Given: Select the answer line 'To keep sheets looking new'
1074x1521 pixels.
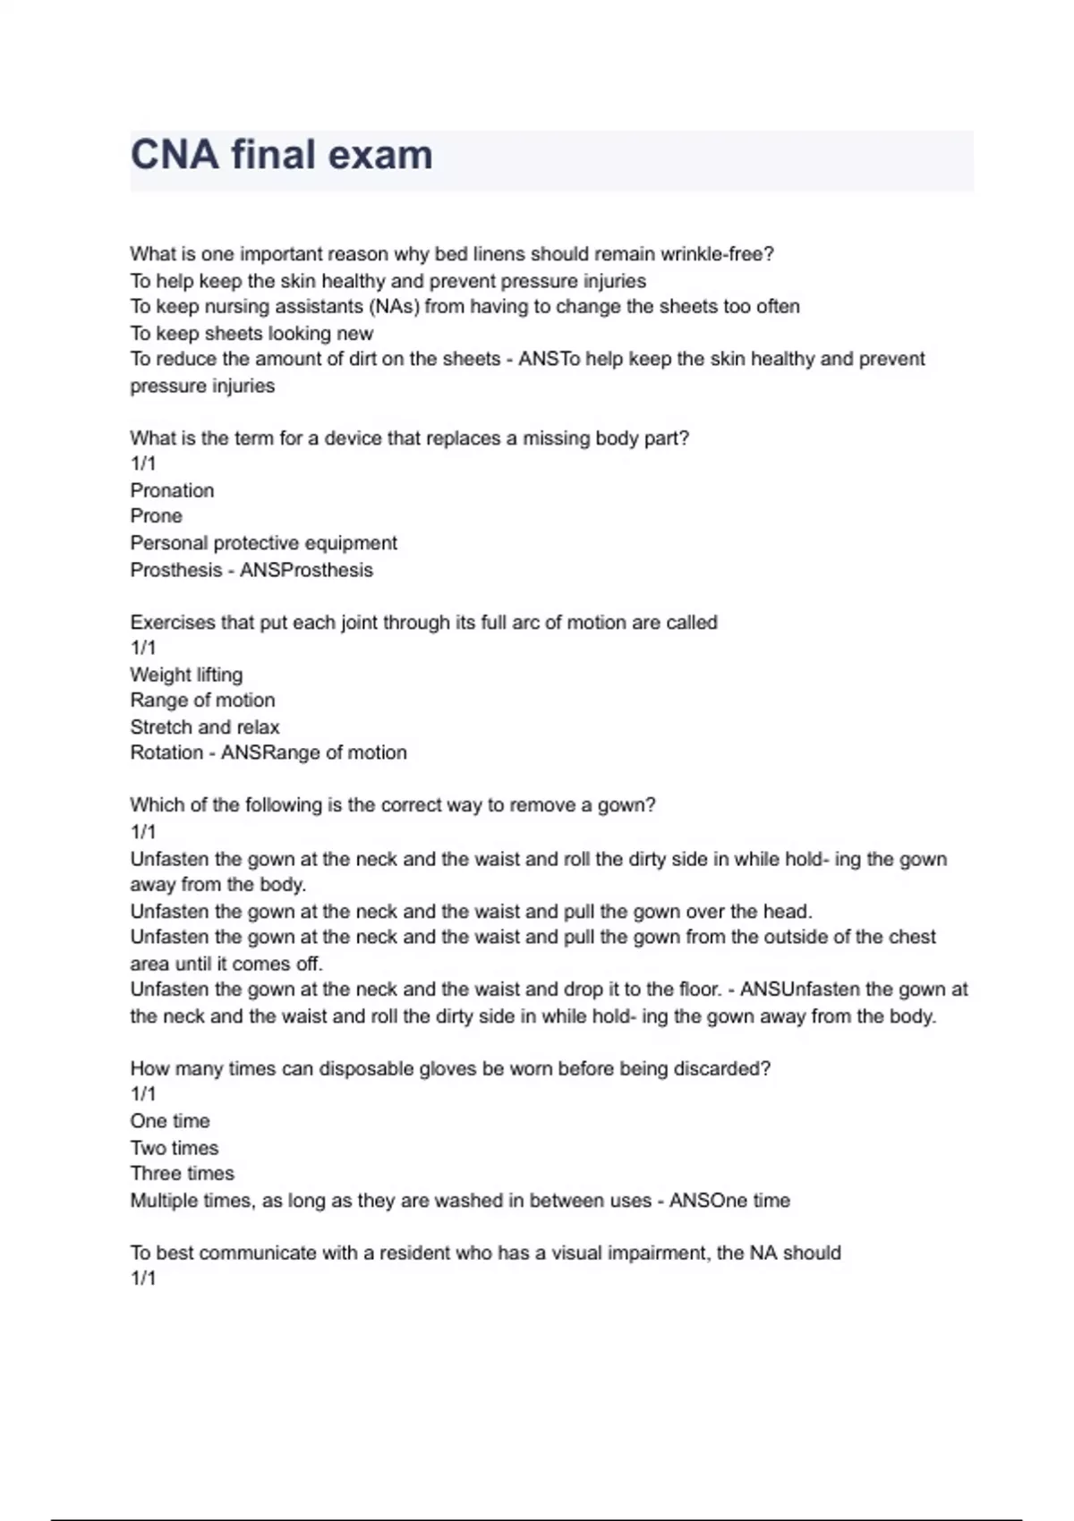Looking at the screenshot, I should [251, 334].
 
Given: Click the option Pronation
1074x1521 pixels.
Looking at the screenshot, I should [172, 490].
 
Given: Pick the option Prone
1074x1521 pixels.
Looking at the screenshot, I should [156, 516].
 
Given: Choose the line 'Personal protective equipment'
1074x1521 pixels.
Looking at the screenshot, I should [263, 543].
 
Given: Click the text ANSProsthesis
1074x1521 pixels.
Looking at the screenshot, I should [306, 570].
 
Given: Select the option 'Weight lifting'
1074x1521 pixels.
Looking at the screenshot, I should [186, 675].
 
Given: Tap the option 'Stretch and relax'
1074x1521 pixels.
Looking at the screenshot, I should [204, 727].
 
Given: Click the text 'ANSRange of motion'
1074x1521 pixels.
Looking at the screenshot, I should [313, 752].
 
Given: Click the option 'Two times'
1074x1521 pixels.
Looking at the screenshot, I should [174, 1148].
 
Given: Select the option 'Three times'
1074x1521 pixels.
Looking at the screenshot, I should [182, 1174].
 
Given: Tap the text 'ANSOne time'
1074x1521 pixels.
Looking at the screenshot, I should [729, 1201].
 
